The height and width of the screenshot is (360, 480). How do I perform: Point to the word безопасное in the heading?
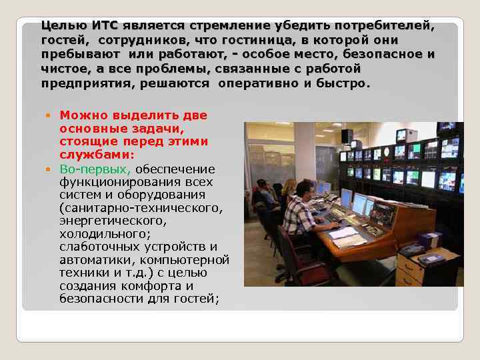pyautogui.click(x=385, y=55)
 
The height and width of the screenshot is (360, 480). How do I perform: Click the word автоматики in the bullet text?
pyautogui.click(x=93, y=259)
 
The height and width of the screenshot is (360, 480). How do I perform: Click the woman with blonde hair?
pyautogui.click(x=289, y=190)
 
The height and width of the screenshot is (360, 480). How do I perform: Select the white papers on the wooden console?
pyautogui.click(x=347, y=236)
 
